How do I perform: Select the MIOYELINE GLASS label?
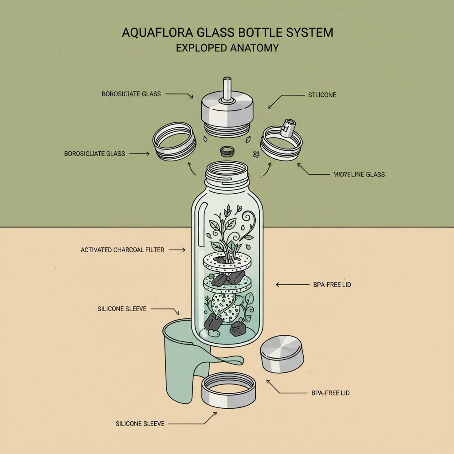coord(359,174)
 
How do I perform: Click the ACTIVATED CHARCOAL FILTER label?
coord(122,250)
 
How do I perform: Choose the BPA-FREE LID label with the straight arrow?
coord(332,285)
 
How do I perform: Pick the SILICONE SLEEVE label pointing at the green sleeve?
coord(122,309)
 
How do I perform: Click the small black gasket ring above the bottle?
coord(227,151)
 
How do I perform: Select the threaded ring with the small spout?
coord(282,142)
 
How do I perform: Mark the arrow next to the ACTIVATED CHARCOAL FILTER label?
coord(177,250)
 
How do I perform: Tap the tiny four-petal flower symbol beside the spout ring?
coord(256,154)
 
